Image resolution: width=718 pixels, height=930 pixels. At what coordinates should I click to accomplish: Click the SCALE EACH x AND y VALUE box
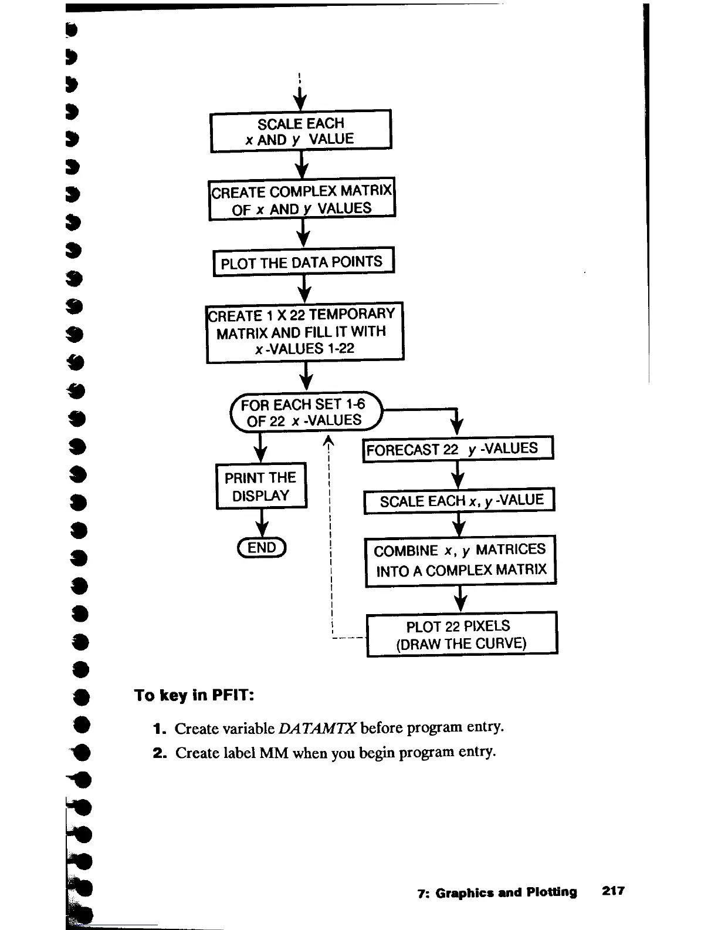click(x=300, y=131)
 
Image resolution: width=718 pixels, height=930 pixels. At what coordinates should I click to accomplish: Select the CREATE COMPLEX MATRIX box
click(x=302, y=200)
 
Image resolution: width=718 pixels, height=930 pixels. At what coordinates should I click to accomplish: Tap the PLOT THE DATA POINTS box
click(x=302, y=262)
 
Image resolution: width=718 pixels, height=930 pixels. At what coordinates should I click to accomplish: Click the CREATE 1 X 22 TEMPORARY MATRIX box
click(x=304, y=332)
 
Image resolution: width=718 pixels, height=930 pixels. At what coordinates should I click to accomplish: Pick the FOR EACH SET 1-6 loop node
click(x=305, y=412)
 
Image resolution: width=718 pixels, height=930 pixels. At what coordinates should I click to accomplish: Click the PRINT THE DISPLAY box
click(x=261, y=486)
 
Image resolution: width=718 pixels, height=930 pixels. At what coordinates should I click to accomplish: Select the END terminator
click(x=261, y=548)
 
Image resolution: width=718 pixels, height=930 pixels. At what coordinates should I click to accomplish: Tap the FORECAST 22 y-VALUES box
click(x=458, y=450)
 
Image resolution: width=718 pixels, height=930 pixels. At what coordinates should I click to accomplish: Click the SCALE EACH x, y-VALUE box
click(x=459, y=501)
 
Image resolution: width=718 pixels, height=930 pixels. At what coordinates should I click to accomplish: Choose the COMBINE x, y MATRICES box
click(x=460, y=560)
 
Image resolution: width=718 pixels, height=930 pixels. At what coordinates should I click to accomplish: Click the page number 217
click(x=613, y=891)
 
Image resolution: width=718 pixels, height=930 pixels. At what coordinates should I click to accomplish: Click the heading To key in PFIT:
click(x=194, y=696)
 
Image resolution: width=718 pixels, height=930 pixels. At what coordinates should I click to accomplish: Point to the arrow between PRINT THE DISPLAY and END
click(x=262, y=523)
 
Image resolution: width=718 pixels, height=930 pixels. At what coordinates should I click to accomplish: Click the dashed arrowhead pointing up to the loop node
click(x=329, y=442)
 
